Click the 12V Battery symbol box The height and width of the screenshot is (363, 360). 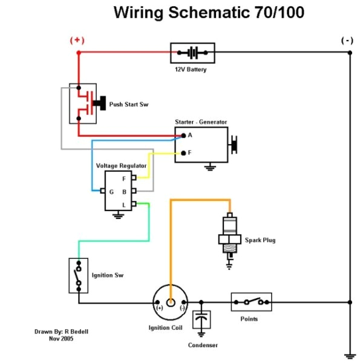pyautogui.click(x=192, y=53)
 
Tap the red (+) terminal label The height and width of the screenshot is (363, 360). pyautogui.click(x=77, y=40)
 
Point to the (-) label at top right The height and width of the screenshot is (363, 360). pyautogui.click(x=347, y=40)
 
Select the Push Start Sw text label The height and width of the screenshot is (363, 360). pyautogui.click(x=128, y=105)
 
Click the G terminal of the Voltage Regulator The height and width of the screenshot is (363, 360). pyautogui.click(x=104, y=191)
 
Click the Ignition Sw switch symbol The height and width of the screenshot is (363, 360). pyautogui.click(x=77, y=275)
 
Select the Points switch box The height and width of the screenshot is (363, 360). pyautogui.click(x=251, y=301)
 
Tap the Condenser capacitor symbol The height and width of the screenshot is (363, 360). pyautogui.click(x=201, y=320)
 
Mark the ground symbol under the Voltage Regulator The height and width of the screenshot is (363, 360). pyautogui.click(x=115, y=215)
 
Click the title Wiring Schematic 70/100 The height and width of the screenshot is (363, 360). pyautogui.click(x=209, y=12)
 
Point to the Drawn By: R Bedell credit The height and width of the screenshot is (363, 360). pyautogui.click(x=61, y=332)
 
